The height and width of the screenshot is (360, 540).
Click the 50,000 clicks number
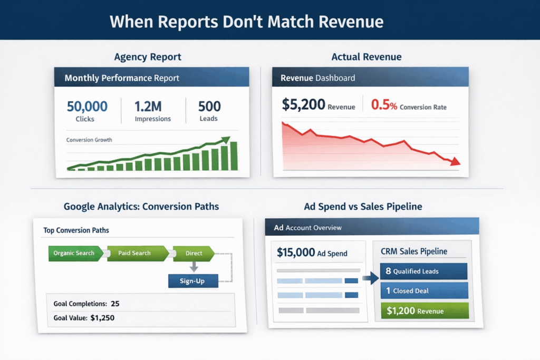87,106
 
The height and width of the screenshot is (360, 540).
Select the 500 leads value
209,106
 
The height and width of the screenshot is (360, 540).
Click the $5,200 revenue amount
303,105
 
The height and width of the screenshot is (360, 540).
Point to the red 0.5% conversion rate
384,105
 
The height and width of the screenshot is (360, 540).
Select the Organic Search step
74,254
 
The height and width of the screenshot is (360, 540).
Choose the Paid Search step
134,254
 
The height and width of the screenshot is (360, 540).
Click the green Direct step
194,254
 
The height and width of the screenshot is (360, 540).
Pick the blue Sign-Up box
192,281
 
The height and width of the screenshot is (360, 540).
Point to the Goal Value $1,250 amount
102,318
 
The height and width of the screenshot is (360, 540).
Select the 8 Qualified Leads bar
423,271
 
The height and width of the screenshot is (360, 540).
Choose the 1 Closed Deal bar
423,290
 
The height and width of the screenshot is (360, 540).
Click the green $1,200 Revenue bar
423,311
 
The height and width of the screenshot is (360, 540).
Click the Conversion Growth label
89,140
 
